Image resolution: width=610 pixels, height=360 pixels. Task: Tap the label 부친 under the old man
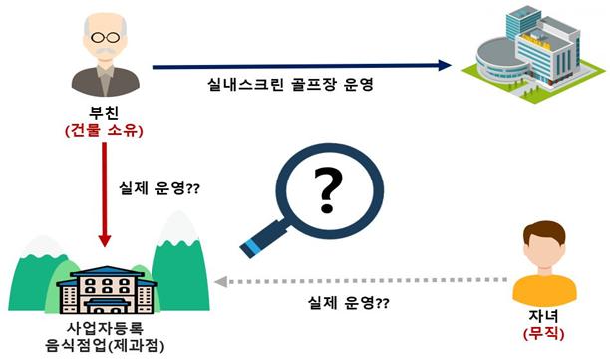[x=105, y=113]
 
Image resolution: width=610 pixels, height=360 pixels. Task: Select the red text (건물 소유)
[x=105, y=131]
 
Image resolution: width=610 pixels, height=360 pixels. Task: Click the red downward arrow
[x=105, y=193]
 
